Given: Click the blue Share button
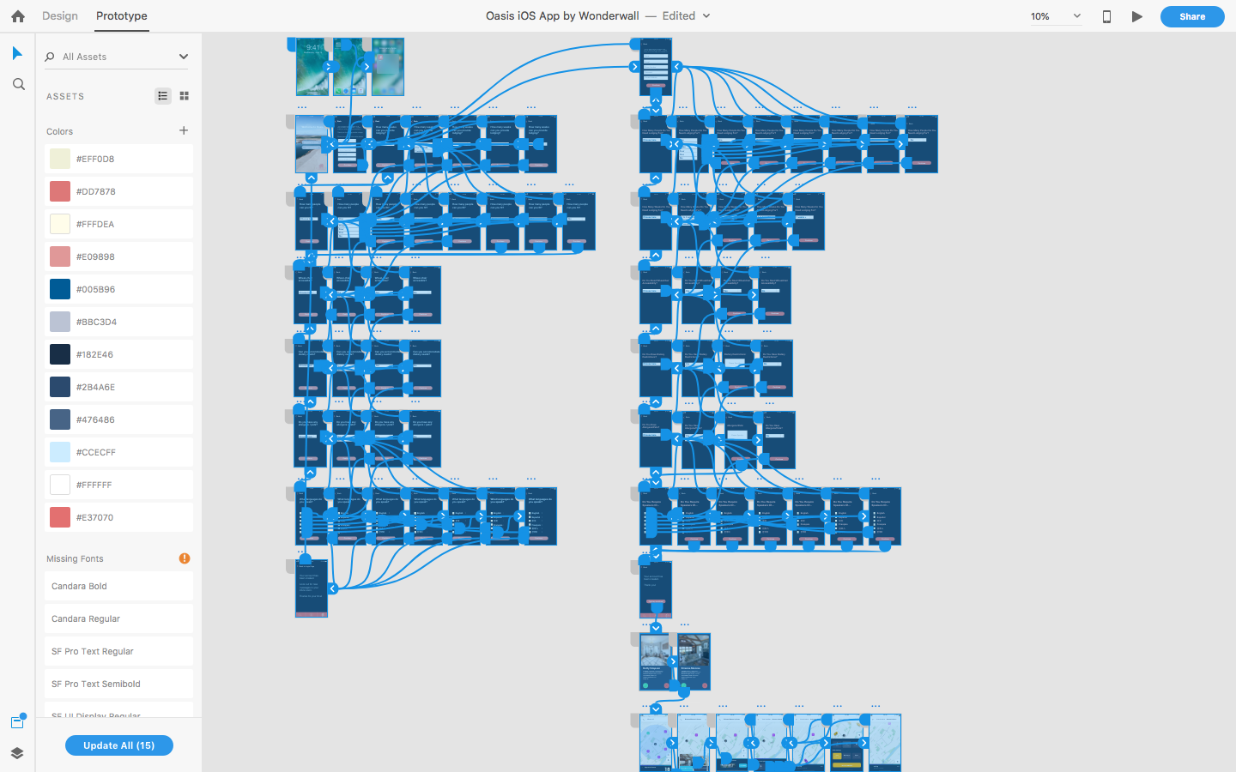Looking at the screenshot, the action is point(1191,16).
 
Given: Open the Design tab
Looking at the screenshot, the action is point(60,16).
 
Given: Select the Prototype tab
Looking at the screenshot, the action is point(121,16).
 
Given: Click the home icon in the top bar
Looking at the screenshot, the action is point(18,16).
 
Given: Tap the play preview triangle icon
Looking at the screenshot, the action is point(1137,16).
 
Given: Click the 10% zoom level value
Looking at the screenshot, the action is point(1040,16).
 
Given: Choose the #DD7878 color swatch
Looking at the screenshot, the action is point(60,191).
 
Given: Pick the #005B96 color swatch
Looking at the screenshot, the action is point(60,289).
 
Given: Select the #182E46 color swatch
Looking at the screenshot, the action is point(60,354).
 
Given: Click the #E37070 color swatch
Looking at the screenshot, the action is point(60,517).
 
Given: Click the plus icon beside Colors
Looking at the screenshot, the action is point(184,130).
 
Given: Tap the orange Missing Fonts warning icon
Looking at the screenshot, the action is point(185,558).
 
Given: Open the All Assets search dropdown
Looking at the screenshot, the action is point(183,57).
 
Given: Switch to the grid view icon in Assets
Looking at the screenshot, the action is point(184,96).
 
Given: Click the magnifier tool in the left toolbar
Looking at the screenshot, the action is point(18,84).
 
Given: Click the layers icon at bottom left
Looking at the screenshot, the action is point(17,753).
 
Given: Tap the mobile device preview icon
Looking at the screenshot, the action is point(1106,16).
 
